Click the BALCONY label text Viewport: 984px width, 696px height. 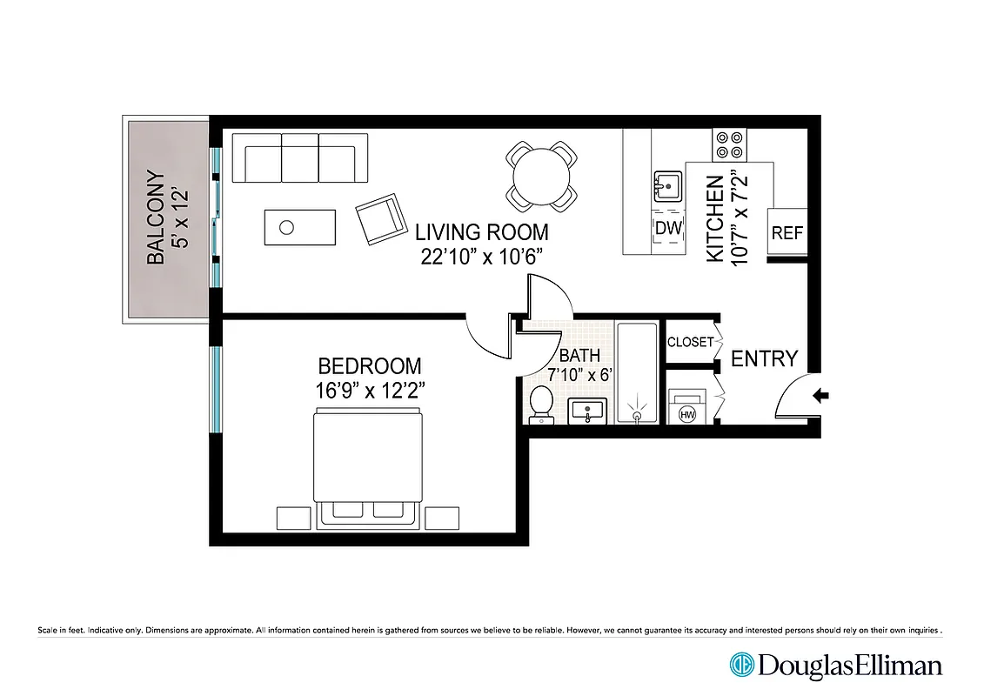156,217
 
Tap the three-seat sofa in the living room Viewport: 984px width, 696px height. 300,157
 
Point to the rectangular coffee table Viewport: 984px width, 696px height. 299,227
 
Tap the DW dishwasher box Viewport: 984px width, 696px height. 666,228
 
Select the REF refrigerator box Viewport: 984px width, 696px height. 787,233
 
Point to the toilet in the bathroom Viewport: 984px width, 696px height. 541,405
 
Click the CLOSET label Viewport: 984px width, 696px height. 690,342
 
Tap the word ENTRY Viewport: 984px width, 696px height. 763,358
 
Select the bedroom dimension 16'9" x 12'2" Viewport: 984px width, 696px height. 370,390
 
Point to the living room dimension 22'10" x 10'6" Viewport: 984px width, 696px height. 481,257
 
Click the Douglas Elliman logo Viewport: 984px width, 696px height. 835,666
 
